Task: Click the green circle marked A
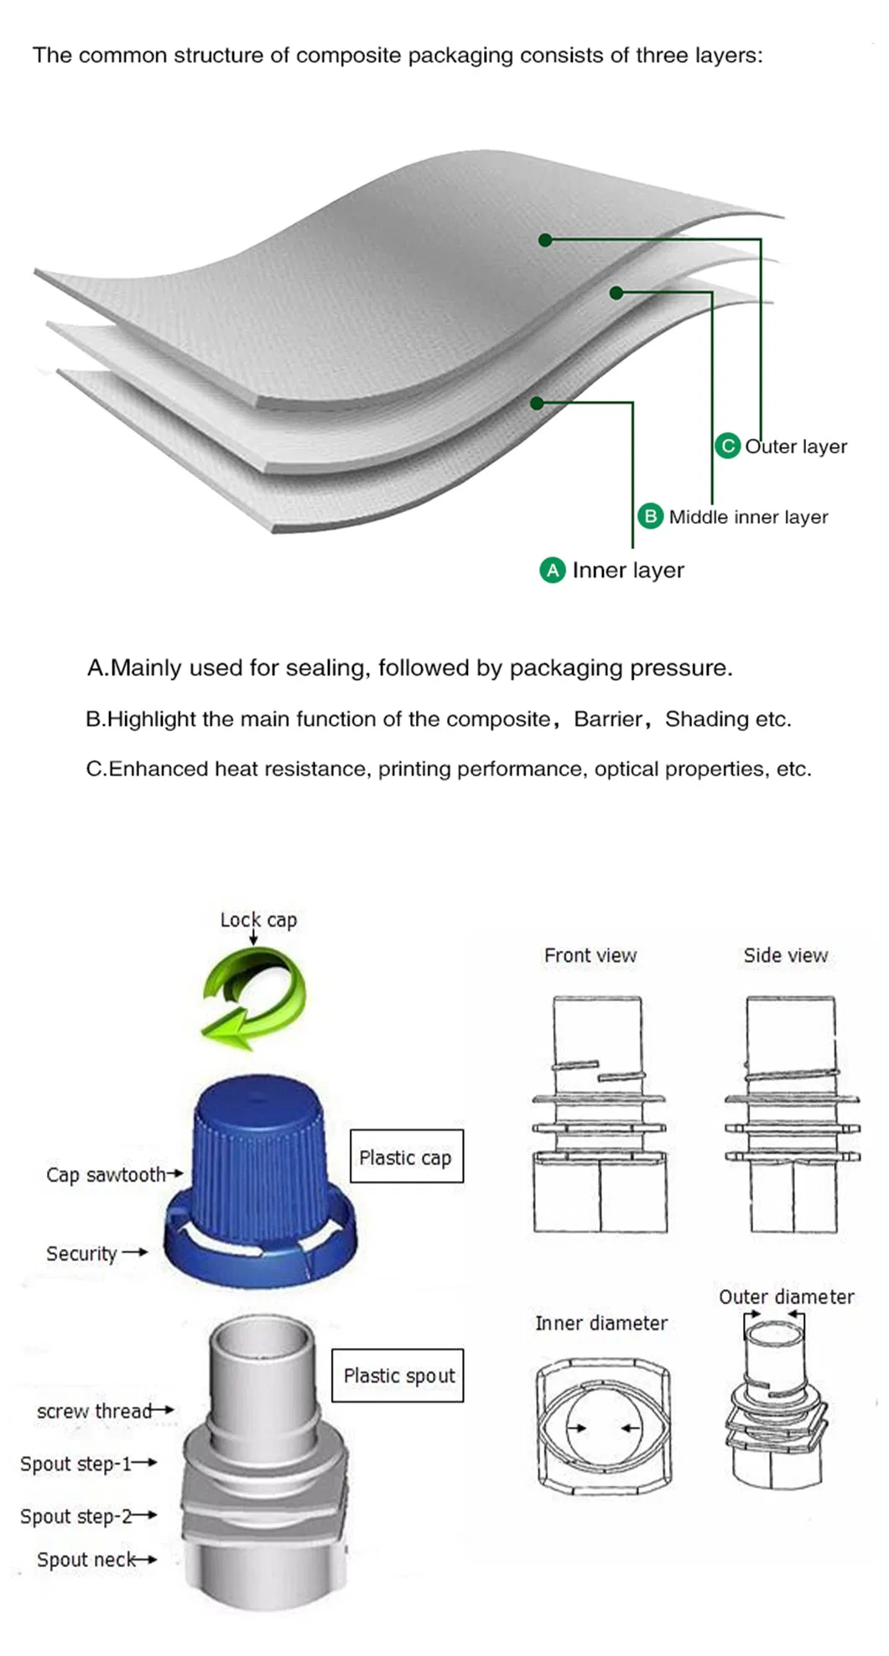(552, 571)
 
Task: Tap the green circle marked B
(650, 516)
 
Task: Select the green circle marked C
(727, 446)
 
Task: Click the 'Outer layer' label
(796, 447)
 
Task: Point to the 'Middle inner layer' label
(748, 517)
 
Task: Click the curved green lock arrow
(254, 998)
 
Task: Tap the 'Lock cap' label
(258, 920)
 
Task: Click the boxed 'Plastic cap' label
(406, 1157)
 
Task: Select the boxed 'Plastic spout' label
(398, 1376)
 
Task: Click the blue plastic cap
(260, 1175)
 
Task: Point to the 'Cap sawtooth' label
(106, 1175)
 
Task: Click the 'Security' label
(81, 1253)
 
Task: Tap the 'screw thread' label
(94, 1411)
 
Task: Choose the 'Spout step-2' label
(76, 1516)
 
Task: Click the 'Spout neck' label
(86, 1559)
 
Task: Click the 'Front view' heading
(590, 955)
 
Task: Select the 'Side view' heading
(785, 955)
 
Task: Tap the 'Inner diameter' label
(601, 1324)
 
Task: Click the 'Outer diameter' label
(786, 1297)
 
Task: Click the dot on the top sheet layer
(545, 240)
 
